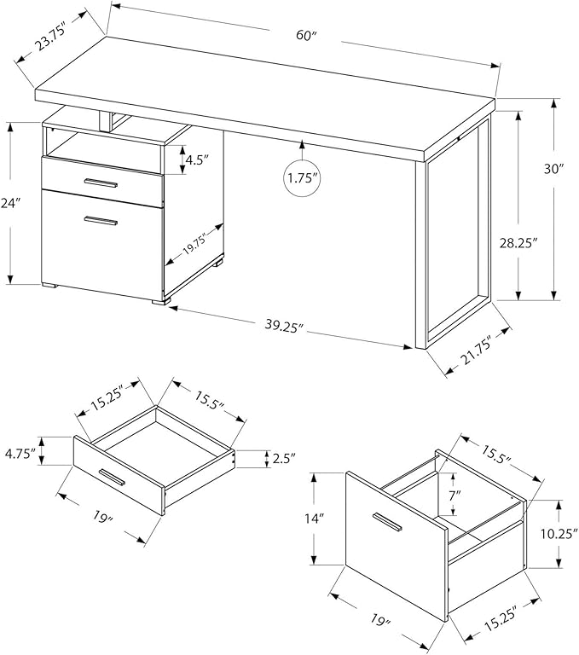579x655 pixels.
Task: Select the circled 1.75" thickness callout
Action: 301,178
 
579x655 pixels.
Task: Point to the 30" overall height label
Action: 554,169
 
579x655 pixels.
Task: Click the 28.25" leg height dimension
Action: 518,243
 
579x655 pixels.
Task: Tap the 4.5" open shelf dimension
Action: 197,160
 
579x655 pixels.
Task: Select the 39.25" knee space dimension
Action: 284,326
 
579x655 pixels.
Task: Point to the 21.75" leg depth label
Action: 475,354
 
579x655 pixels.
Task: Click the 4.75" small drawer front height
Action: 19,453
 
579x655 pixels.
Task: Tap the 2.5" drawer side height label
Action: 284,458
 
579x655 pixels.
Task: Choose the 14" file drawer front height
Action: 315,519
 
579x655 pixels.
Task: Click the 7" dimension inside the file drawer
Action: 455,496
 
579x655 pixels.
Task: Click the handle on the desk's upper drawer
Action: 101,183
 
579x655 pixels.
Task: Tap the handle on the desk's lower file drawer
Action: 101,220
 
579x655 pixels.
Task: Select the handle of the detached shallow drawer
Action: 112,478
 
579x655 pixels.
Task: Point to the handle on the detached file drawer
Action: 387,522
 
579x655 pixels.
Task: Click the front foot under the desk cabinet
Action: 161,300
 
